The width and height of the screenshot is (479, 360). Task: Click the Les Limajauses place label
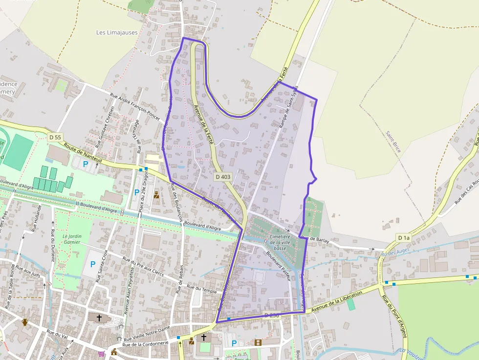coord(117,33)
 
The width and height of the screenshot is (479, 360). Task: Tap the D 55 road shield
coord(55,138)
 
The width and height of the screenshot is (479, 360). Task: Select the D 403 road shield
coord(222,176)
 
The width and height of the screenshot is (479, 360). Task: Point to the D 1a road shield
coord(403,238)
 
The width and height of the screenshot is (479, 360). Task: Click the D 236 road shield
coord(271,316)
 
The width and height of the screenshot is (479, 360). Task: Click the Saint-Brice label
coord(393,141)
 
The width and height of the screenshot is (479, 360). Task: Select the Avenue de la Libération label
coord(337,301)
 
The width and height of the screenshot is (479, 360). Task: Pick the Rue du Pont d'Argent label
coord(394,313)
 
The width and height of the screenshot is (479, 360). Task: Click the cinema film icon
coord(258,342)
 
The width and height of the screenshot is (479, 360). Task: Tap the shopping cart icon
coord(101,354)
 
